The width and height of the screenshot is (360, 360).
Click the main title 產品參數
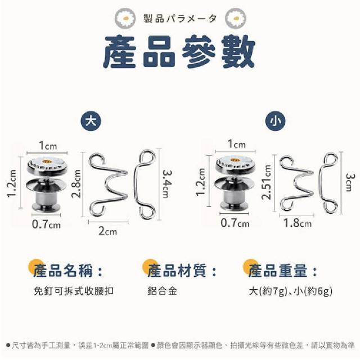point(179,52)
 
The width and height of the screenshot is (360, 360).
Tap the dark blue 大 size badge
point(91,121)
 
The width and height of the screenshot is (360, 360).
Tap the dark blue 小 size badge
point(275,121)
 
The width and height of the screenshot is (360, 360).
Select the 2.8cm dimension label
point(76,184)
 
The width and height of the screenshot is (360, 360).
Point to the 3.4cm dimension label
point(168,184)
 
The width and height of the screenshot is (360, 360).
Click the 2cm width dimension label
point(107,231)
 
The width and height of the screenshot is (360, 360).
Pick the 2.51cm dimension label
point(267,182)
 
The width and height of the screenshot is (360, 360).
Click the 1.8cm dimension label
point(298,223)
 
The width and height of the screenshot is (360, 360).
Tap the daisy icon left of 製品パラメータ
point(125,18)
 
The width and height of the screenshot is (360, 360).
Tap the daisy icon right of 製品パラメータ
point(236,18)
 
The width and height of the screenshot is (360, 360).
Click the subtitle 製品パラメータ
point(180,19)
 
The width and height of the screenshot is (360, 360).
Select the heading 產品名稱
point(63,271)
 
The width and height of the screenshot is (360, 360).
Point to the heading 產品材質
point(177,271)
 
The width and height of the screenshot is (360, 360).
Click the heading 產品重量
point(277,271)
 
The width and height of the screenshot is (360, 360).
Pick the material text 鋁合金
point(162,291)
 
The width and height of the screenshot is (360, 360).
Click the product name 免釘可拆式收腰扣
point(74,291)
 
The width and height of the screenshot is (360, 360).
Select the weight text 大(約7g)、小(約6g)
point(291,291)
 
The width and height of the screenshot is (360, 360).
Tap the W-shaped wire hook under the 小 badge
point(297,183)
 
